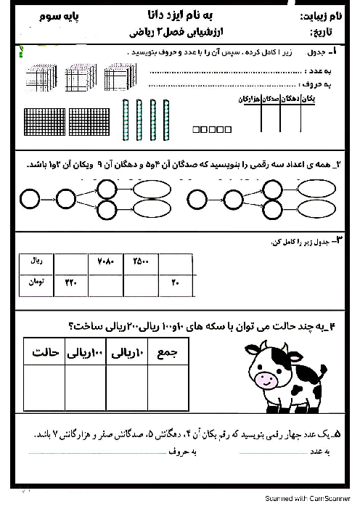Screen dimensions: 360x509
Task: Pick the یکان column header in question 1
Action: [x=308, y=99]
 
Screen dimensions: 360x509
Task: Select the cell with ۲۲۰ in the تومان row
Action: [x=70, y=282]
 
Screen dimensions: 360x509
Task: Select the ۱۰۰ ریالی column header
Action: [x=86, y=354]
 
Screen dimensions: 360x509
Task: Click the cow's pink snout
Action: [x=266, y=379]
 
